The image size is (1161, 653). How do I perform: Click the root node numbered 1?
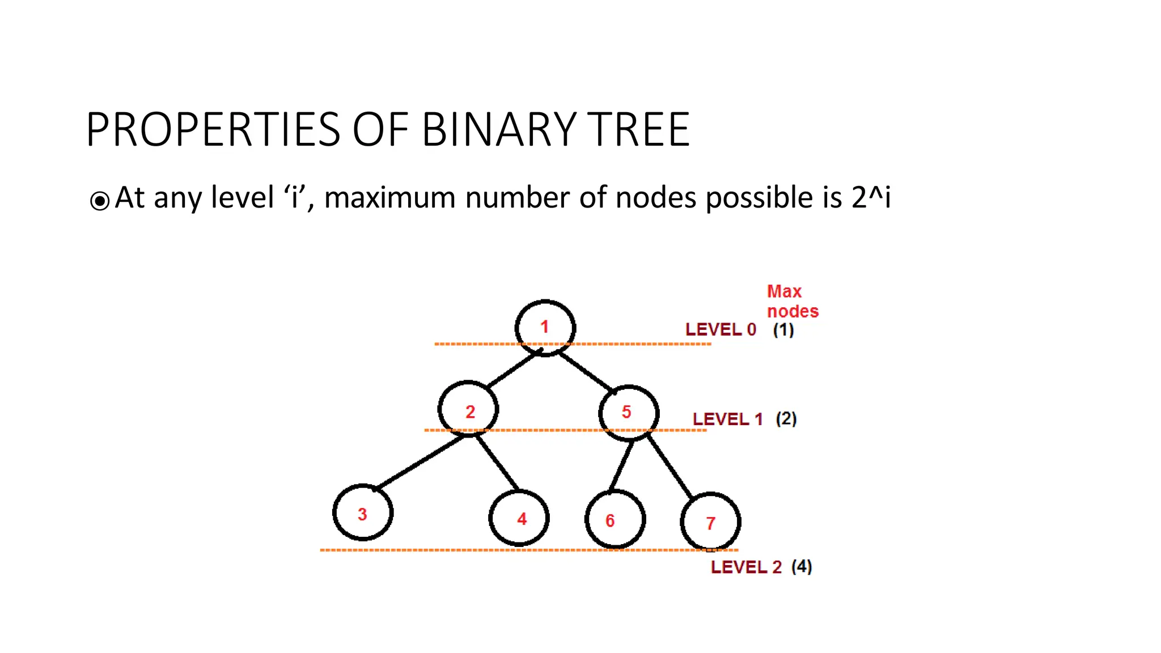coord(545,328)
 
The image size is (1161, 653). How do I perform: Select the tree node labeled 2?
coord(469,409)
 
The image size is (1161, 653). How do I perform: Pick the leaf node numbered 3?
coord(363,512)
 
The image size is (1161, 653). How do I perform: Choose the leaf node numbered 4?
coord(519,518)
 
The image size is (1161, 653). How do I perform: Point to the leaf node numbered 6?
coord(615,519)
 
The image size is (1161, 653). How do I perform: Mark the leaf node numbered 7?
coord(710,521)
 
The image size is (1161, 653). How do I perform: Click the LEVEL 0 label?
coord(721,329)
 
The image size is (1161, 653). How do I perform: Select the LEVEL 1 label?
coord(727,419)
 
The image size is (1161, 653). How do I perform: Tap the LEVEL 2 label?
coord(746,567)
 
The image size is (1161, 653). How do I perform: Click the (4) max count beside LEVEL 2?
coord(802,566)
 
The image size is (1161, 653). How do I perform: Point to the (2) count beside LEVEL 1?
coord(786,419)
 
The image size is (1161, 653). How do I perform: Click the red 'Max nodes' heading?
coord(793,302)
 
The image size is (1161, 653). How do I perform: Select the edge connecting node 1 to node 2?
coord(513,370)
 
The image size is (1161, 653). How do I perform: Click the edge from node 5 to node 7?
coord(670,466)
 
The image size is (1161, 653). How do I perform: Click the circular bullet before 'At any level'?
coord(100,201)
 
